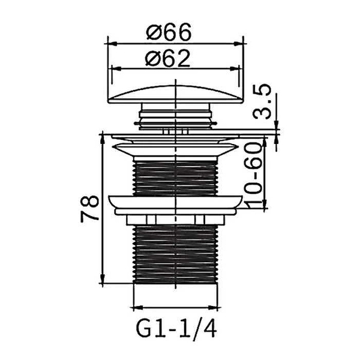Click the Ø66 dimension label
coord(169,32)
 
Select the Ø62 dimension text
coord(168,58)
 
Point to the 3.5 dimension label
coord(262,102)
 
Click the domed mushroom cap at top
coord(175,95)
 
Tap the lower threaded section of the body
coord(175,254)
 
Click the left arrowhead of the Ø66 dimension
coord(113,43)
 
